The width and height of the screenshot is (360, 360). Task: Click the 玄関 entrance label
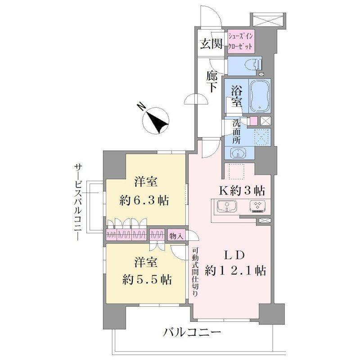point(211,44)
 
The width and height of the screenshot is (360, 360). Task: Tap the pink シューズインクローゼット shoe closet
point(241,41)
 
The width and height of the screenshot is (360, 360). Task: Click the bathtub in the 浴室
point(260,96)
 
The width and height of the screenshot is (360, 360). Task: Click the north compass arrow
point(157,121)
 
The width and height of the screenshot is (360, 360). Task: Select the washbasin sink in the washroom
point(238,153)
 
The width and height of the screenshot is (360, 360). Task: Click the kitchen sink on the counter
point(226,206)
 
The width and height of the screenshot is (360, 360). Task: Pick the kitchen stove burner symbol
point(257,206)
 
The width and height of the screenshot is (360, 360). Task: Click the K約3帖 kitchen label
point(242,191)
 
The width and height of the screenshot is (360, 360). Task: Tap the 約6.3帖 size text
point(144,201)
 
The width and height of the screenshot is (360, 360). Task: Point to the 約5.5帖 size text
point(147,279)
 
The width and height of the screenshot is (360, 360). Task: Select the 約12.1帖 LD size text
point(235,270)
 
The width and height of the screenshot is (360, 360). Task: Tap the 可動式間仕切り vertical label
point(195,272)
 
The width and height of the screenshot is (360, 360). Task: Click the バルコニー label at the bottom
point(192,332)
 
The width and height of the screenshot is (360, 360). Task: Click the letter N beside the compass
point(141,107)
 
